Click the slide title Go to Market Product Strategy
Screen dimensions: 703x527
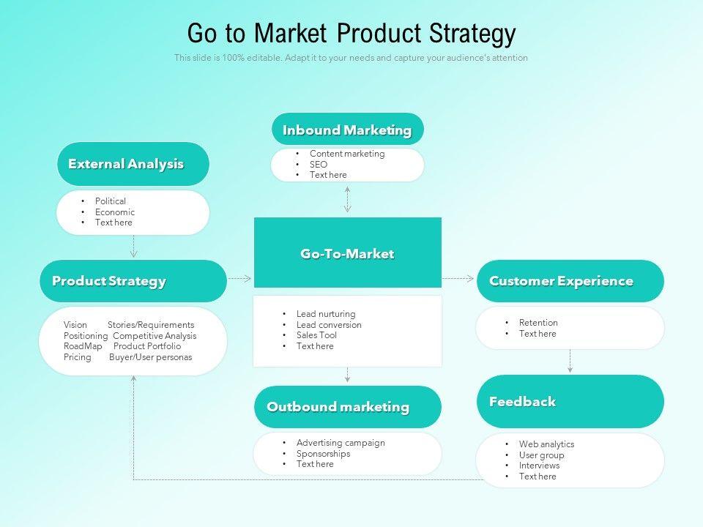coord(351,34)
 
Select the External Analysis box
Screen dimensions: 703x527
coord(133,164)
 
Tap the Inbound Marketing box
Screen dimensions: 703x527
coord(347,130)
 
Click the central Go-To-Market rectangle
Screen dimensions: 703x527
coord(347,253)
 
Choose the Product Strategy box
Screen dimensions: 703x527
coord(133,281)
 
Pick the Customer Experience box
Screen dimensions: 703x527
coord(570,281)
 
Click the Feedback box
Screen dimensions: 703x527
coord(570,401)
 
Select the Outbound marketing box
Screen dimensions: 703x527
coord(347,407)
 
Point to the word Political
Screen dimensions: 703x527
coord(111,201)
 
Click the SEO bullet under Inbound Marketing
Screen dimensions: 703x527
coord(319,165)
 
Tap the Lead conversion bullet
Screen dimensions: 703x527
coord(329,325)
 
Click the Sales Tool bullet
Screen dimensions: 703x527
coord(316,335)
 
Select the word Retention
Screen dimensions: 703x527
coord(538,323)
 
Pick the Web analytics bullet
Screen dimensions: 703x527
coord(546,444)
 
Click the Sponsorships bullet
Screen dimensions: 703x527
coord(323,454)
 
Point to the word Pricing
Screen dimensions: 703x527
coord(78,357)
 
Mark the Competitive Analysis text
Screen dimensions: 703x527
coord(155,336)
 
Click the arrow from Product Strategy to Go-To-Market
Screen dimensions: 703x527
coord(239,279)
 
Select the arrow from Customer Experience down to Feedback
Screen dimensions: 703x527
coord(570,362)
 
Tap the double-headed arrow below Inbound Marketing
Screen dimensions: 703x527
coord(347,198)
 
